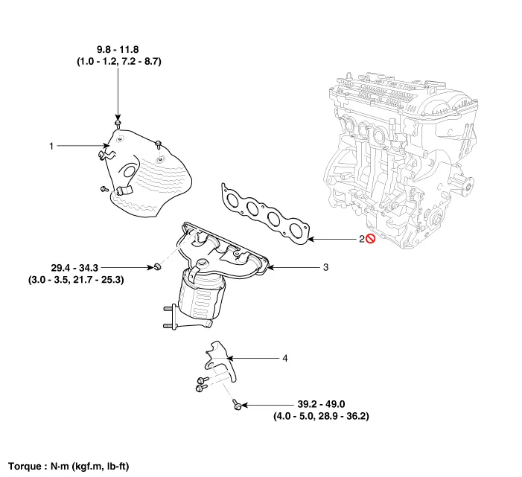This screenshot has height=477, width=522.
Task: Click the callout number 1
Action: pyautogui.click(x=51, y=147)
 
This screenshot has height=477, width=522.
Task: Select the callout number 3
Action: pyautogui.click(x=325, y=266)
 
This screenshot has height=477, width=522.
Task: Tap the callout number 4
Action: pyautogui.click(x=284, y=359)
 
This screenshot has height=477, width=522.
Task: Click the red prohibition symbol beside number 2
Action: pyautogui.click(x=370, y=239)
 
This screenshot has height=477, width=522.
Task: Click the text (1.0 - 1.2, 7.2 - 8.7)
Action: pyautogui.click(x=118, y=64)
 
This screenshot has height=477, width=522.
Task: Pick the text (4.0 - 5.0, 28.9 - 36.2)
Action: pyautogui.click(x=321, y=417)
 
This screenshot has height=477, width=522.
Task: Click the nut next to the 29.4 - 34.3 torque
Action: pyautogui.click(x=158, y=266)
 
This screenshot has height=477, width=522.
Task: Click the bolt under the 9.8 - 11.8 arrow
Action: pyautogui.click(x=118, y=123)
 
